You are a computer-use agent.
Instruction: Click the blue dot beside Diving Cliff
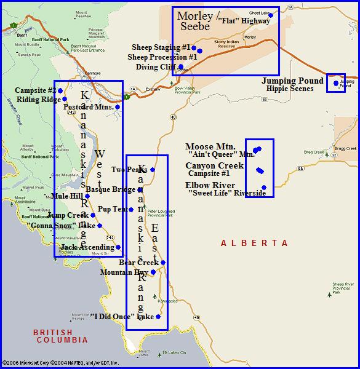point(180,66)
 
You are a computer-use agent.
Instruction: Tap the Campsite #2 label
point(34,90)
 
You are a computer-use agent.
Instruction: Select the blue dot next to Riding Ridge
point(65,99)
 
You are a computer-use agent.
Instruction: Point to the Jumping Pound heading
point(292,81)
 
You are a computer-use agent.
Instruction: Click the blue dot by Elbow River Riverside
point(264,188)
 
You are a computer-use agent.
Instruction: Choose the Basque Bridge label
point(111,189)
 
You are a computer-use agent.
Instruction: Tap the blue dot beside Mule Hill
point(87,196)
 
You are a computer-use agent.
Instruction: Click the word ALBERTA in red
point(254,244)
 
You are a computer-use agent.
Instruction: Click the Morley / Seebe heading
point(194,20)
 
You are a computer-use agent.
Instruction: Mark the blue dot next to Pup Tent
point(131,210)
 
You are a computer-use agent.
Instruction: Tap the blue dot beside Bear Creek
point(163,263)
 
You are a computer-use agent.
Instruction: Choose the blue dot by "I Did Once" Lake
point(158,317)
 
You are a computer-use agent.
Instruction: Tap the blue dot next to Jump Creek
point(93,215)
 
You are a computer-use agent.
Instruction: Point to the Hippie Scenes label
point(290,89)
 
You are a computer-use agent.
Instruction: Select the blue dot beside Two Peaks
point(152,170)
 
